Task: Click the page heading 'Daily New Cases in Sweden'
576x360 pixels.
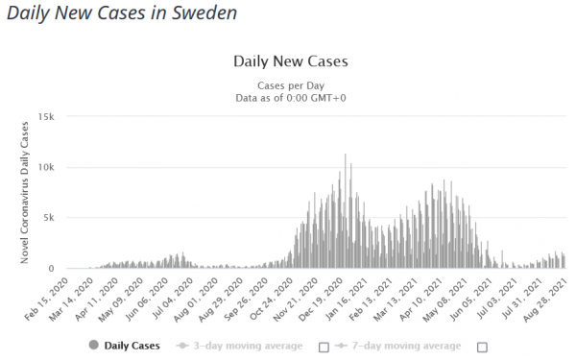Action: pyautogui.click(x=122, y=13)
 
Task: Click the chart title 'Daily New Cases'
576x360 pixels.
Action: pyautogui.click(x=291, y=61)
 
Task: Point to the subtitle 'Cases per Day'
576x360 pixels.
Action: pyautogui.click(x=291, y=85)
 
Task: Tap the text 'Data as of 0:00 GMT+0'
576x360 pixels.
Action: pyautogui.click(x=291, y=98)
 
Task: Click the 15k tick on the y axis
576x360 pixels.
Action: pyautogui.click(x=46, y=117)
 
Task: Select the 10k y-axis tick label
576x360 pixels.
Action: pyautogui.click(x=46, y=167)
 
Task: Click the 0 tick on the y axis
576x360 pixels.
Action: pyautogui.click(x=52, y=269)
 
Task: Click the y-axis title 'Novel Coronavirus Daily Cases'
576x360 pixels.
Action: pyautogui.click(x=25, y=193)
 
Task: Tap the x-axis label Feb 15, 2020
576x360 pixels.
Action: pyautogui.click(x=47, y=299)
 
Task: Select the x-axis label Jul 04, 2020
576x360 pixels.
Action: pyautogui.click(x=172, y=299)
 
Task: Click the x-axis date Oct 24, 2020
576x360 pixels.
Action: pyautogui.click(x=272, y=299)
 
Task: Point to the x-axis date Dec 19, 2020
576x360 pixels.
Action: pyautogui.click(x=322, y=299)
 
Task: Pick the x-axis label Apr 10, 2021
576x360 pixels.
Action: pyautogui.click(x=421, y=299)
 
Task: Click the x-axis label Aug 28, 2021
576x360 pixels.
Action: pyautogui.click(x=546, y=299)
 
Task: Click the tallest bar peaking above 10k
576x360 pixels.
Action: pyautogui.click(x=345, y=211)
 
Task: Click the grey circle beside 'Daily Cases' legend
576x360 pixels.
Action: pyautogui.click(x=94, y=345)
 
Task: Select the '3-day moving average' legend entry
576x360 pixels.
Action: pyautogui.click(x=239, y=346)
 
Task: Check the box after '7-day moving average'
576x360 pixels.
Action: pyautogui.click(x=482, y=348)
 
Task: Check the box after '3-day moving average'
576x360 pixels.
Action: pyautogui.click(x=324, y=348)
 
